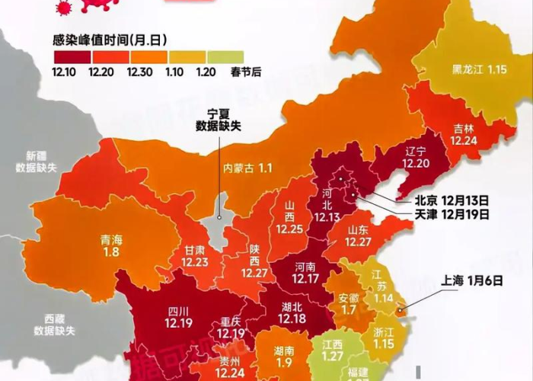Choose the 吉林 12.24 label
[x=464, y=135]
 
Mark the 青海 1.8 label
[x=112, y=245]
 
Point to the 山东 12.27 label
[x=357, y=235]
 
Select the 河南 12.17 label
[x=304, y=273]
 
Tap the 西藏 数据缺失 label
[x=54, y=325]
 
